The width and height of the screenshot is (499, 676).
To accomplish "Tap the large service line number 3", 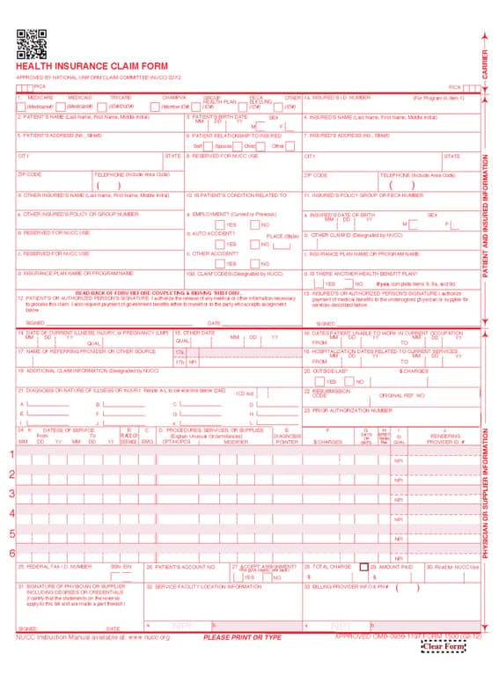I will click(x=11, y=494).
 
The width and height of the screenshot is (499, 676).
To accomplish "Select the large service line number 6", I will click(x=11, y=553).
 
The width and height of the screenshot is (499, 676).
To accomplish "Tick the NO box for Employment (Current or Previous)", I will click(x=255, y=224).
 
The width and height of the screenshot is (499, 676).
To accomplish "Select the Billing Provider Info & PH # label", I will click(x=349, y=585).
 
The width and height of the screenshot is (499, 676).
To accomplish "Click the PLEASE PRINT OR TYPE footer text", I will click(x=242, y=637).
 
